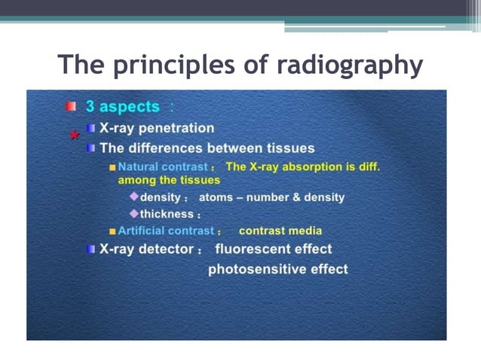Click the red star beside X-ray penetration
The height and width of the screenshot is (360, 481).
click(74, 136)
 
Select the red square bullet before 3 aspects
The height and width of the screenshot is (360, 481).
click(70, 107)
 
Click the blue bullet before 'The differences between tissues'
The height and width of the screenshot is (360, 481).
click(91, 148)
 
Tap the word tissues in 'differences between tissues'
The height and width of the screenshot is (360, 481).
click(285, 148)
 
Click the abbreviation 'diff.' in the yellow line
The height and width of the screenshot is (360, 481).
click(366, 166)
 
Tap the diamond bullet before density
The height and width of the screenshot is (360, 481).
click(134, 196)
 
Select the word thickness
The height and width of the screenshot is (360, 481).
click(167, 214)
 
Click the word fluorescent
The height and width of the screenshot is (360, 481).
click(253, 249)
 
